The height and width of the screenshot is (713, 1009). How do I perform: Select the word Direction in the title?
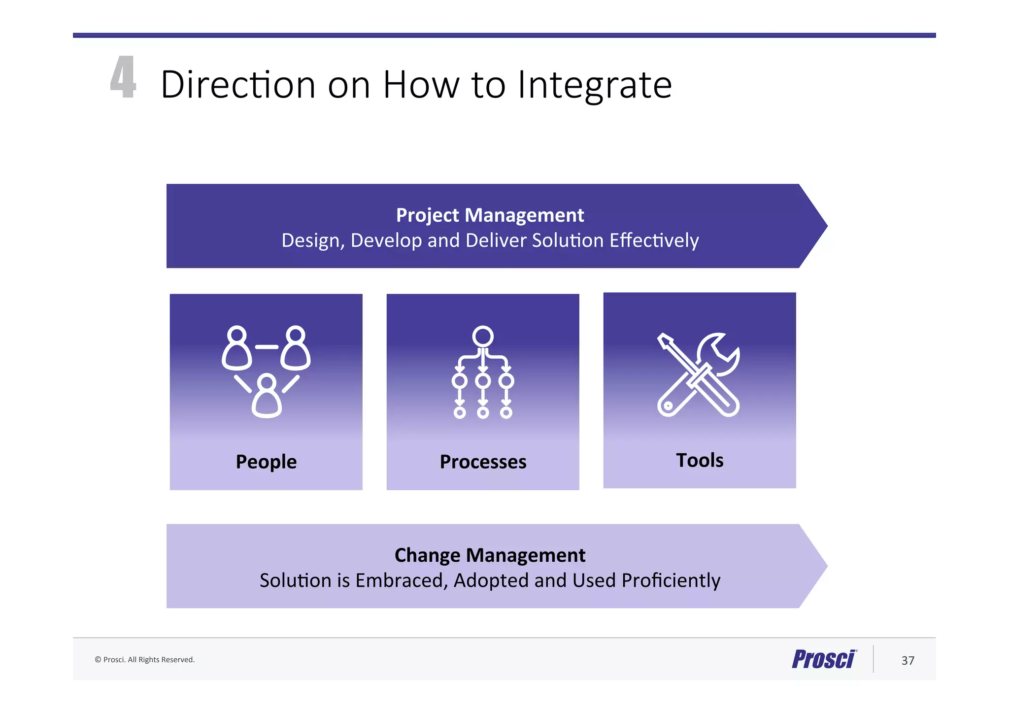(238, 85)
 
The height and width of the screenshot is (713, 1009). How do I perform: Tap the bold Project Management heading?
(490, 215)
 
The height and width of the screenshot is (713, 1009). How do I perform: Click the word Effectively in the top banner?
(654, 240)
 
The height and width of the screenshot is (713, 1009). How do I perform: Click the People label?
(266, 462)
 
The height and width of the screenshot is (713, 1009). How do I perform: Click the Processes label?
(483, 462)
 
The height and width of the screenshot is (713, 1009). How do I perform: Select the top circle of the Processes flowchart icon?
(483, 336)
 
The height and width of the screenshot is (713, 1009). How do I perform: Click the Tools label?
(700, 460)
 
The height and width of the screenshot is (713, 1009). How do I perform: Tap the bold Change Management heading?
(490, 555)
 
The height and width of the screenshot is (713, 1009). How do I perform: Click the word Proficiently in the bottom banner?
(671, 580)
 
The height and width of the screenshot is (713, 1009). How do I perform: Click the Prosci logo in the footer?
(824, 659)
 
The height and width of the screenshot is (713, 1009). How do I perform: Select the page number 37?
(908, 661)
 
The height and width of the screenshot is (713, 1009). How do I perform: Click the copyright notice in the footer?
(145, 660)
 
